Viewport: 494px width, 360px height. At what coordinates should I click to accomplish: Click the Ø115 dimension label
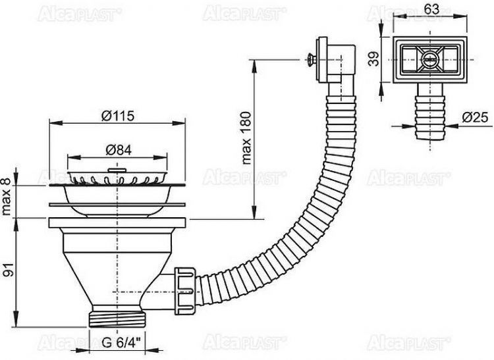click(118, 116)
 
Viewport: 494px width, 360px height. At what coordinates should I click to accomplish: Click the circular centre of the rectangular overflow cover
click(429, 59)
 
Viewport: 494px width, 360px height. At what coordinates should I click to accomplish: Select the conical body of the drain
click(118, 263)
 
